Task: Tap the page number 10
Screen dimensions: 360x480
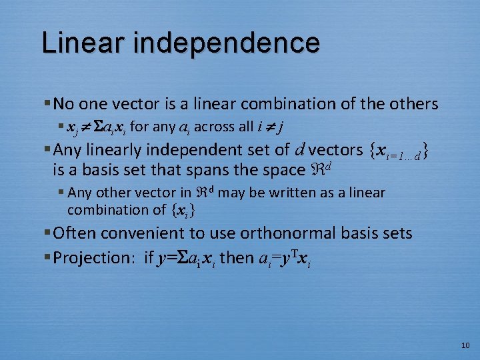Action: (x=465, y=345)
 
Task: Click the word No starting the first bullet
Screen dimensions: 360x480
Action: (x=64, y=104)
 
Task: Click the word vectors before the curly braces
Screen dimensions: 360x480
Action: (x=335, y=150)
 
